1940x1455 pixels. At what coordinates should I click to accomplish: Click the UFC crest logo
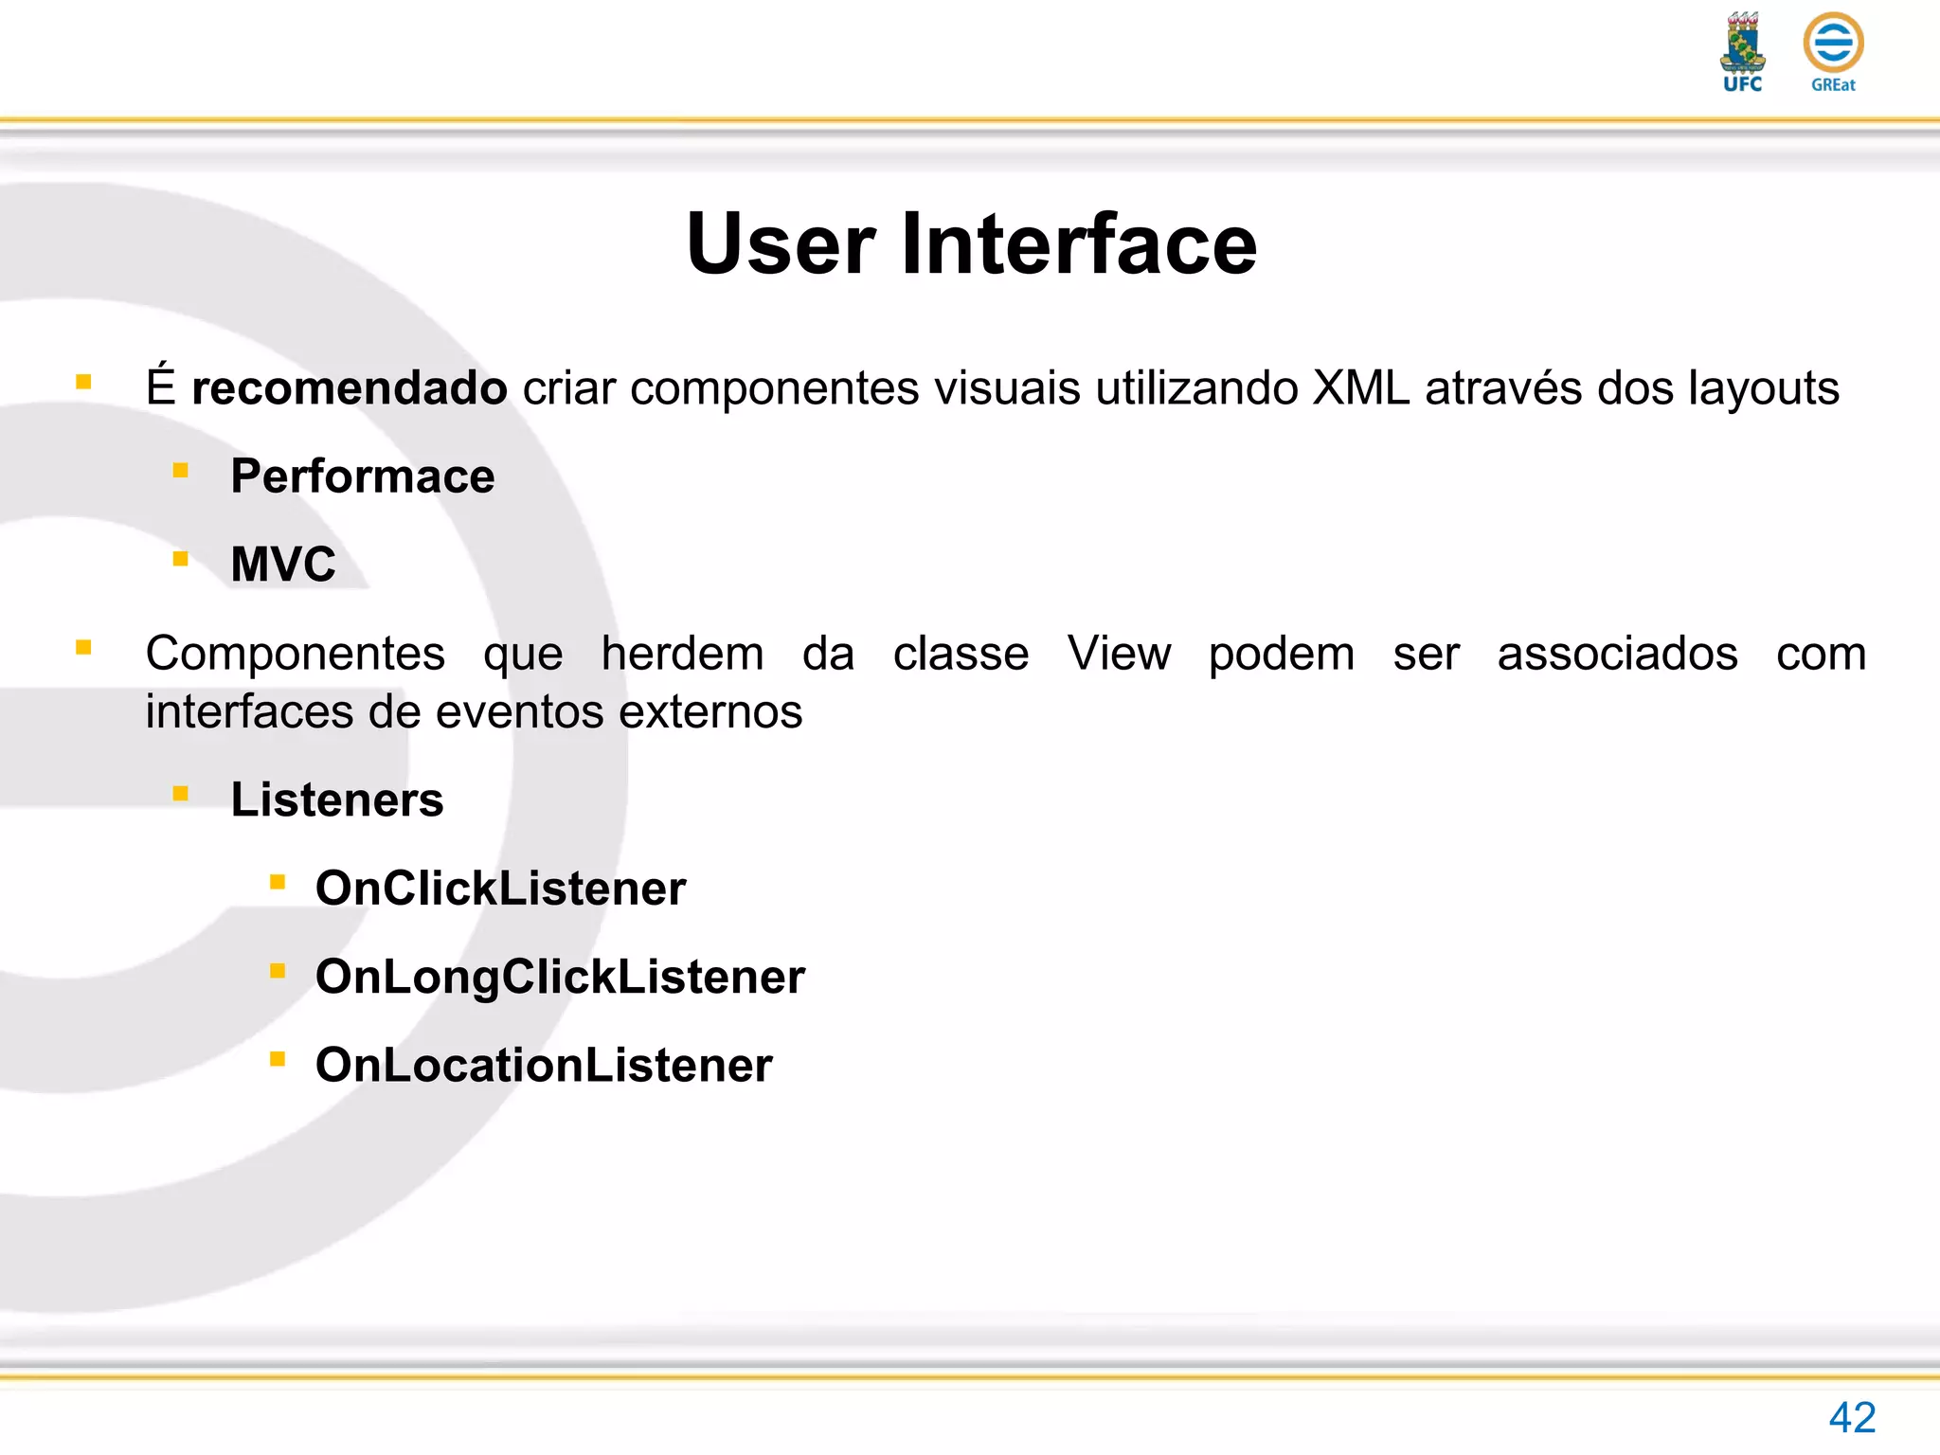[1742, 52]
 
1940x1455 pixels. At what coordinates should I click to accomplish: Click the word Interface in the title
[1079, 244]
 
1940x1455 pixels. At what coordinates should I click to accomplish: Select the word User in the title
[781, 244]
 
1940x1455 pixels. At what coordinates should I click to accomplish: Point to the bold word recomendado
[349, 388]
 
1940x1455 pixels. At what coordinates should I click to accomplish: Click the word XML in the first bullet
[1360, 388]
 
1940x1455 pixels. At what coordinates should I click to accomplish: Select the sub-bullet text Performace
[362, 476]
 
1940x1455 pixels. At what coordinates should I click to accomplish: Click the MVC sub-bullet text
[283, 565]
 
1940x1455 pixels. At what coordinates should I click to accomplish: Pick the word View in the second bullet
[1119, 654]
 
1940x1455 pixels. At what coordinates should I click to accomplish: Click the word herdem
[682, 654]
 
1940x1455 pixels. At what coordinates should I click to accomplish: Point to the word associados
[1617, 654]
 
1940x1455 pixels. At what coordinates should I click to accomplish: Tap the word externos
[710, 712]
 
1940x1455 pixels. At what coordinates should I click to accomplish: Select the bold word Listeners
[337, 800]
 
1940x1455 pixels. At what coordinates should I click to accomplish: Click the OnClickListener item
[500, 889]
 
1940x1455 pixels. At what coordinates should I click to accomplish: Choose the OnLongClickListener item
[560, 977]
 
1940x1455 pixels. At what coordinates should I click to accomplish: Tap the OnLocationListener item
[544, 1066]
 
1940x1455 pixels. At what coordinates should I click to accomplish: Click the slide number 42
[1852, 1418]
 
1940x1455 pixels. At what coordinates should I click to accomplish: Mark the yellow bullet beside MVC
[181, 559]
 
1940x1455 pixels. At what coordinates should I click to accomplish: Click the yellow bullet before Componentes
[84, 648]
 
